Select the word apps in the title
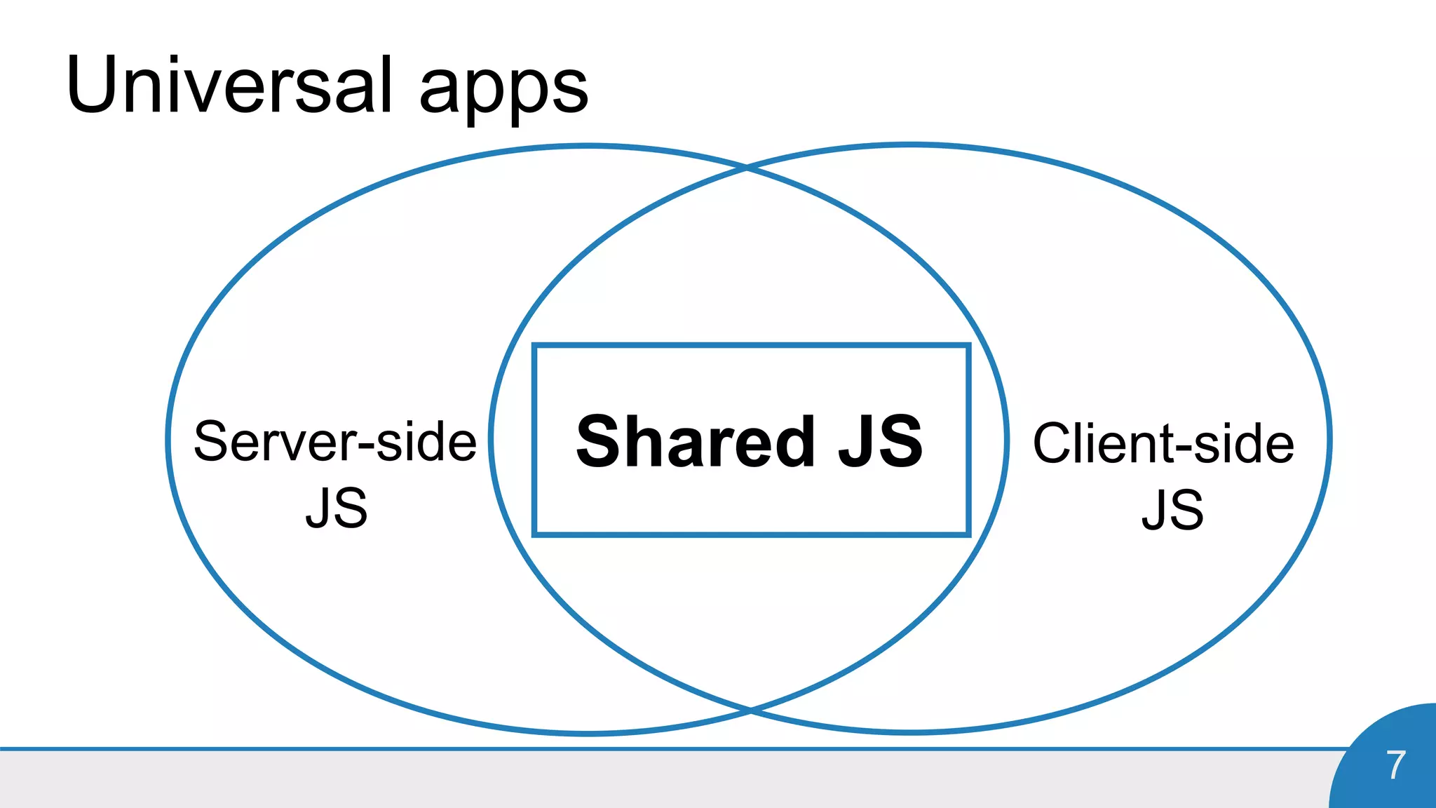point(503,91)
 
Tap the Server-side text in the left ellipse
point(335,442)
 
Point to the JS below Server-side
point(337,509)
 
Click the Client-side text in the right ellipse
point(1163,444)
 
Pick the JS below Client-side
point(1172,510)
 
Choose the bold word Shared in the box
point(695,441)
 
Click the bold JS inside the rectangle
point(881,441)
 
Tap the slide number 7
point(1395,765)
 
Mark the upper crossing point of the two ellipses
point(747,168)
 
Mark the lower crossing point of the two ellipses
point(750,711)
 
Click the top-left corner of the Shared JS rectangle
point(535,346)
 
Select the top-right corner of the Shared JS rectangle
point(968,346)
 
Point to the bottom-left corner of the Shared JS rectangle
point(535,534)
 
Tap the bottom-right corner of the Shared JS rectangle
point(968,534)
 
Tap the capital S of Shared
point(598,441)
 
